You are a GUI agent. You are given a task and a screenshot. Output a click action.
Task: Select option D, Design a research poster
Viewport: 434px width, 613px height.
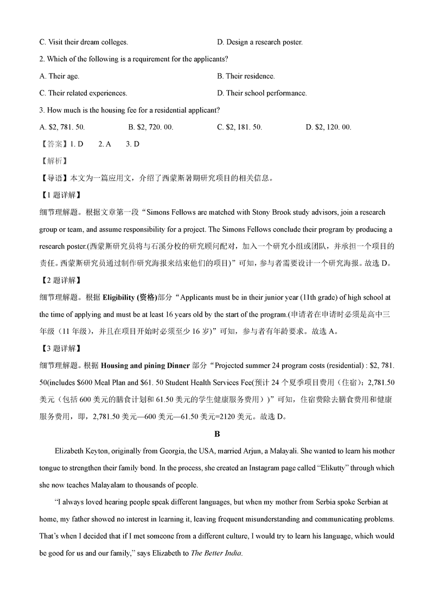click(x=259, y=42)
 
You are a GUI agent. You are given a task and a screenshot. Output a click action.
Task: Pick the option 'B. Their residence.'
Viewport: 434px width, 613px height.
click(x=246, y=76)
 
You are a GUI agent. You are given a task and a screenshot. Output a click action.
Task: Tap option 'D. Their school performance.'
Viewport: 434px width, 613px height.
click(x=261, y=93)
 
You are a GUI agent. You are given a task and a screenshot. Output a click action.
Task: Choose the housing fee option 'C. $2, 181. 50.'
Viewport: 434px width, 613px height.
click(x=239, y=127)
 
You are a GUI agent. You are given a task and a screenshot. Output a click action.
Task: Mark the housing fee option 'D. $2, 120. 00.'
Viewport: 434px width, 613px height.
click(x=328, y=127)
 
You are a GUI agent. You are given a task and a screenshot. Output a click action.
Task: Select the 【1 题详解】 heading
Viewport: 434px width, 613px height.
click(x=60, y=195)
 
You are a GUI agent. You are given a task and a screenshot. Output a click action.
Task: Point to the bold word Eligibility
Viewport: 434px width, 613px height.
click(x=122, y=297)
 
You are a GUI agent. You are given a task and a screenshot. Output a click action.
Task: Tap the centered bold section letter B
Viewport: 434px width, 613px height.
click(x=217, y=434)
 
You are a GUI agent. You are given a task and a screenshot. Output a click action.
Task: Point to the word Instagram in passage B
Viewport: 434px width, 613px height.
click(x=241, y=468)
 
